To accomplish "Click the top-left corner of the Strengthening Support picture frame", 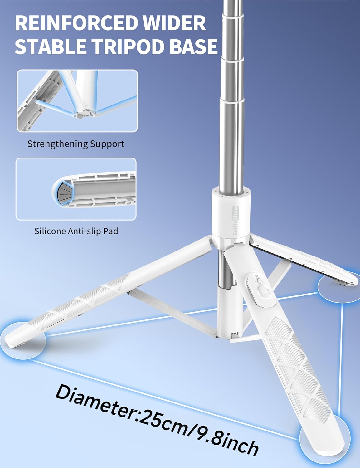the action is click(x=17, y=70).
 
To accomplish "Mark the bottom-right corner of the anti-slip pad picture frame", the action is click(x=136, y=220).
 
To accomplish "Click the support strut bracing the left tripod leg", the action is click(x=172, y=312).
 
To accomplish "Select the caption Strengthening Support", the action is click(x=76, y=144).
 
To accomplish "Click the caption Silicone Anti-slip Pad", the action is click(x=76, y=231).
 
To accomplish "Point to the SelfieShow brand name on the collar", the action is click(x=236, y=220).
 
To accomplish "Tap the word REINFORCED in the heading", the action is click(x=76, y=23).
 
